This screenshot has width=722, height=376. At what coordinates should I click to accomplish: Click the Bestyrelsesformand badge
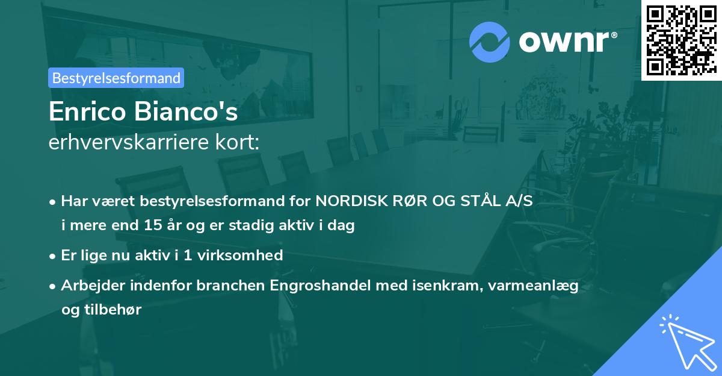click(x=116, y=78)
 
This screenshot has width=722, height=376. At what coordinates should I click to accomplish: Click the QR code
click(x=680, y=39)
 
